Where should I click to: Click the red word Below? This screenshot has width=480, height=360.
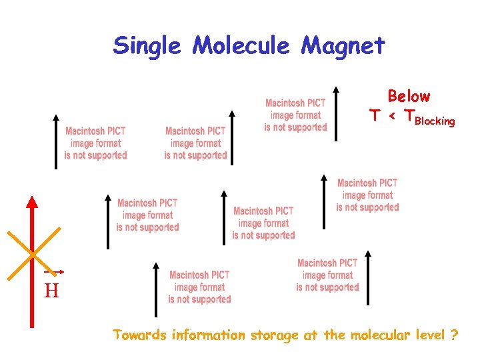coord(409,97)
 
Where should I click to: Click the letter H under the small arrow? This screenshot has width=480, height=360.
coord(51,291)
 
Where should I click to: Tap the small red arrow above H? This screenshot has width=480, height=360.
coord(54,272)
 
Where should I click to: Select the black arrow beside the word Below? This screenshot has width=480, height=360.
coord(335,113)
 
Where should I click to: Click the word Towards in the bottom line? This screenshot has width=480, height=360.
coord(140,335)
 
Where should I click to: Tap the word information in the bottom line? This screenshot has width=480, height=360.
coord(208,335)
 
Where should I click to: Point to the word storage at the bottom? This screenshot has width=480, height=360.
coord(274,335)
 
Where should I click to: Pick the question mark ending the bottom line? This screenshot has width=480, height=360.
coord(454,335)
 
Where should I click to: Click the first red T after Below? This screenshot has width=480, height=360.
coord(375,116)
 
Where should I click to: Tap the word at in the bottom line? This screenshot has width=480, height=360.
coord(310,335)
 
